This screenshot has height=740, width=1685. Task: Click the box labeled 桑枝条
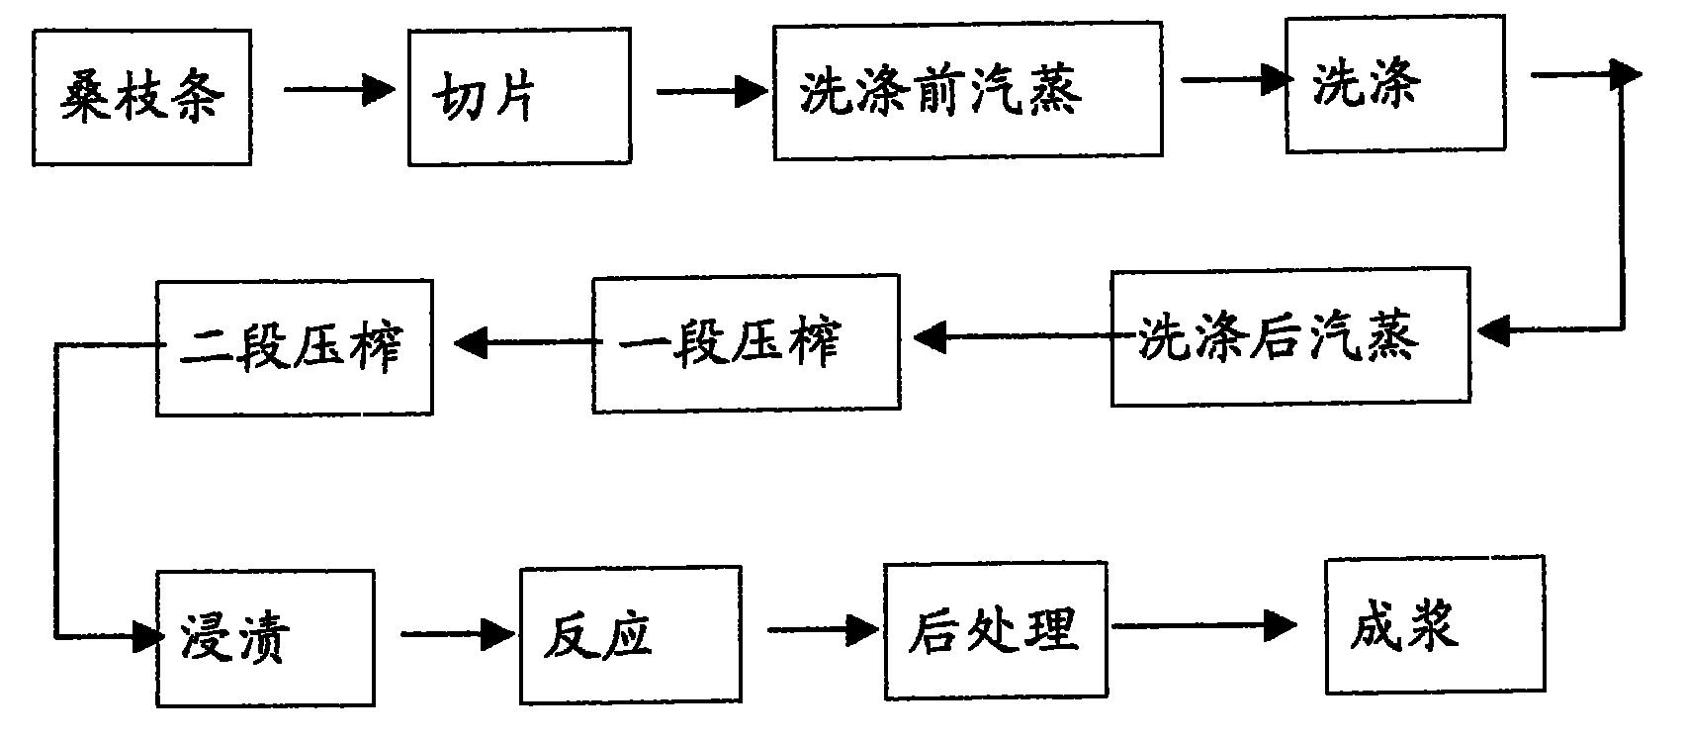coord(141,97)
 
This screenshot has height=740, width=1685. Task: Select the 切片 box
coord(519,97)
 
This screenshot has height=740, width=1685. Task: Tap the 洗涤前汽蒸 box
coord(967,91)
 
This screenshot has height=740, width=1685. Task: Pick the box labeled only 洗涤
coord(1394,83)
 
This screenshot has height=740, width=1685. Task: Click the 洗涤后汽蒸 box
coord(1289,338)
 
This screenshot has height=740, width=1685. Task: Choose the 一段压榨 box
coord(746,343)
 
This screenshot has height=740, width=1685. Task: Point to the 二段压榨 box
coord(294,347)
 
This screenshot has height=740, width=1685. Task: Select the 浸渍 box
coord(264,638)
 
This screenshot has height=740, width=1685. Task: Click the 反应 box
coord(630,634)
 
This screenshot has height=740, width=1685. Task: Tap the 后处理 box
coord(995,630)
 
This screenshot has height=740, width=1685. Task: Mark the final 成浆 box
coord(1435,624)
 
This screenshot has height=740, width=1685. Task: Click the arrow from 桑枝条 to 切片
coord(338,90)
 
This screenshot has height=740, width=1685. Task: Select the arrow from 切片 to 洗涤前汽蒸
coord(710,92)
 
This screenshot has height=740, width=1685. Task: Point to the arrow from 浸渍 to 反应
coord(457,634)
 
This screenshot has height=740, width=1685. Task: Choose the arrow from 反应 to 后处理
coord(821,629)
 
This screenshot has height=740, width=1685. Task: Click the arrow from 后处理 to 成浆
coord(1202,625)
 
